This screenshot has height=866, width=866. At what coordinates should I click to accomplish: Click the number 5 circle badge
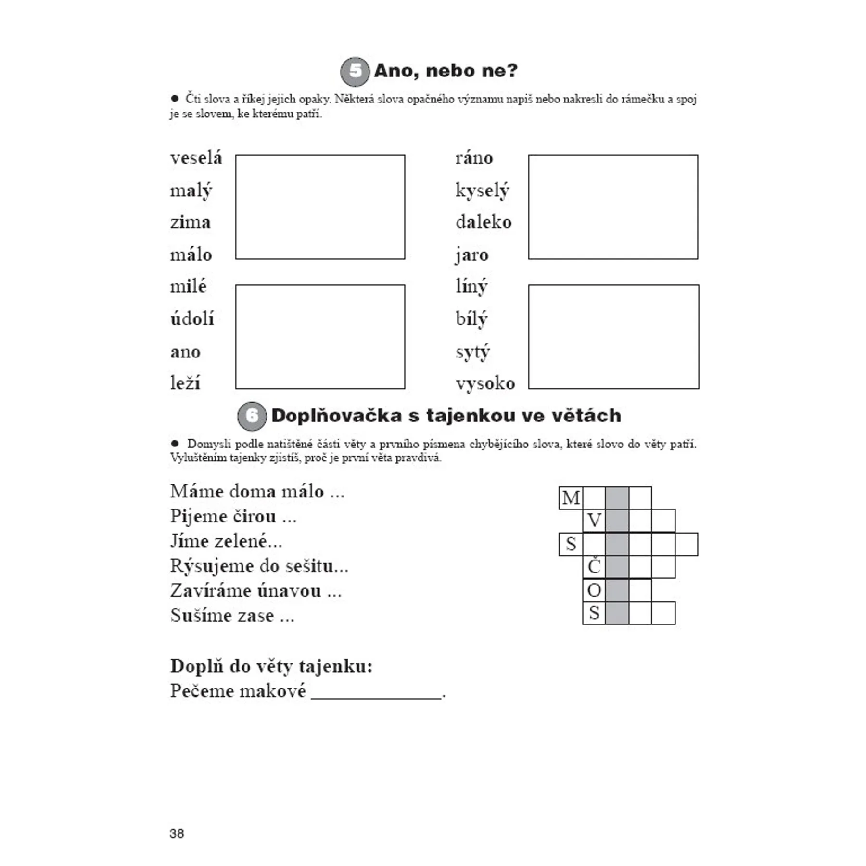point(355,71)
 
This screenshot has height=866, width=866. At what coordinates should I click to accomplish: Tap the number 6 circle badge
point(252,416)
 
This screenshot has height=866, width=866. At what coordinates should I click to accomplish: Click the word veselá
point(196,158)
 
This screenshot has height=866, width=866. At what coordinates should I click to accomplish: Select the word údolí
point(192,318)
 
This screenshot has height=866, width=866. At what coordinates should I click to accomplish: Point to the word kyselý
point(482,191)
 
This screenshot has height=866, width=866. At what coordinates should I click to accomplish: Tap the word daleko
point(484,222)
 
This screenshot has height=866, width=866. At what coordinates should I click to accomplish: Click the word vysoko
point(485,383)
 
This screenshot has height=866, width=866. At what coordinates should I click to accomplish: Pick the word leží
point(185,383)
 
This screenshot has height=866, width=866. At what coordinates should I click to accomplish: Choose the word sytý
point(473,352)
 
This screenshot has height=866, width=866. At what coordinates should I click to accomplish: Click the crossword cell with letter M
point(571,498)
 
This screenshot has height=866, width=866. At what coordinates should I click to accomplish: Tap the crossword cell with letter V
point(594,521)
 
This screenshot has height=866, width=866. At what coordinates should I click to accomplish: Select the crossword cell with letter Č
point(594,567)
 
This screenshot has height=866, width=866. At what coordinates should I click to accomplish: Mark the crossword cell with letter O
point(594,590)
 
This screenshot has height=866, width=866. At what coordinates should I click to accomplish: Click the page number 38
point(177,834)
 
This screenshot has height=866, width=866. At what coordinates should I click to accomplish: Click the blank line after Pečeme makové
point(376,694)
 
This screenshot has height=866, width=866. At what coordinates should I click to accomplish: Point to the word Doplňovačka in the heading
point(336,416)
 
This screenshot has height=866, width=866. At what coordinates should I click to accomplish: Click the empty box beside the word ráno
point(613,207)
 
